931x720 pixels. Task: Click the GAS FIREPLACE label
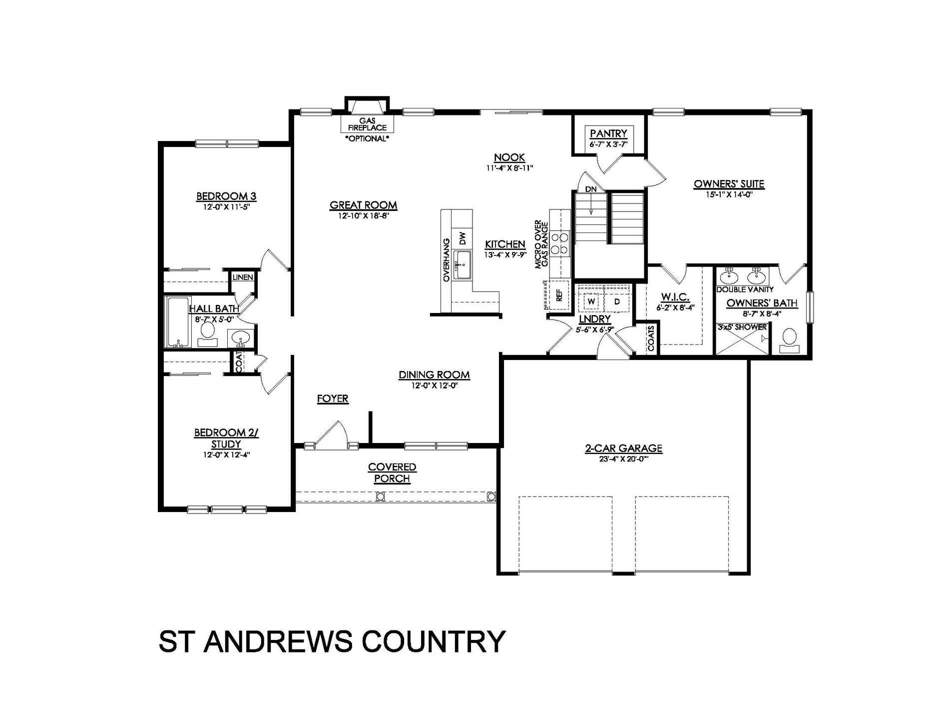click(x=367, y=124)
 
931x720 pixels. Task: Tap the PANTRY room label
click(x=608, y=133)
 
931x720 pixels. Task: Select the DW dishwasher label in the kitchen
click(x=463, y=238)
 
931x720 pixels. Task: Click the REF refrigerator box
click(x=559, y=296)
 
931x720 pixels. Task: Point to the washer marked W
click(x=591, y=301)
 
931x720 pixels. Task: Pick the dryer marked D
click(x=617, y=301)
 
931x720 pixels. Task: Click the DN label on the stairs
click(x=591, y=189)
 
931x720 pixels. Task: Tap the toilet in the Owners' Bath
click(x=789, y=338)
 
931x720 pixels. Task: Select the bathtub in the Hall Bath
click(x=178, y=322)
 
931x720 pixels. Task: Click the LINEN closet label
click(x=243, y=277)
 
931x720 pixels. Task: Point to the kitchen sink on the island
click(x=463, y=264)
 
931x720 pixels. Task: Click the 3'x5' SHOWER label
click(x=742, y=327)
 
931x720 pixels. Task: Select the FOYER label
click(x=333, y=398)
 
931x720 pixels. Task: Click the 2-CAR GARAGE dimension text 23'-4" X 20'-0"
click(x=623, y=460)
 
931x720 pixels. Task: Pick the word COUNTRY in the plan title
click(x=434, y=641)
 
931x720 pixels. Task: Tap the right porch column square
click(x=491, y=496)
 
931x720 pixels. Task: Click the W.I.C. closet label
click(x=675, y=297)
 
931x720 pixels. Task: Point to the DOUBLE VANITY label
click(x=745, y=289)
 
